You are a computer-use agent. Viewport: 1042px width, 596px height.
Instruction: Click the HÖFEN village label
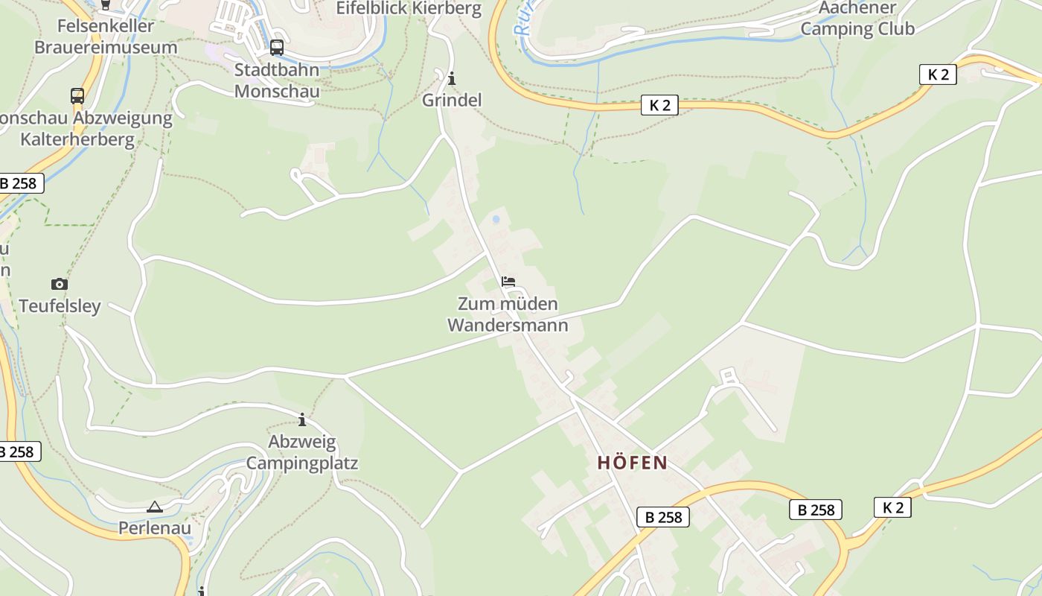pyautogui.click(x=632, y=463)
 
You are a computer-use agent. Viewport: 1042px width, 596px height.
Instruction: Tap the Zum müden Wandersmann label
pyautogui.click(x=508, y=314)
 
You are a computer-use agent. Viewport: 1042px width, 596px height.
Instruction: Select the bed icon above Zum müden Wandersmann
pyautogui.click(x=508, y=282)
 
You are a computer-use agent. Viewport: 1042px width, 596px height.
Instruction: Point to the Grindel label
pyautogui.click(x=452, y=100)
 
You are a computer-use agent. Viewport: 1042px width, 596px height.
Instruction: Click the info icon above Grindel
pyautogui.click(x=451, y=78)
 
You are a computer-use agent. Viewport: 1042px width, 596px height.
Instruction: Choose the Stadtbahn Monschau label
pyautogui.click(x=277, y=80)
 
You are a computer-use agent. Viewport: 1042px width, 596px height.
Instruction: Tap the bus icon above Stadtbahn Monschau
pyautogui.click(x=277, y=48)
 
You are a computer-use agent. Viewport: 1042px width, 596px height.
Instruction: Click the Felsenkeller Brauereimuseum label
pyautogui.click(x=117, y=37)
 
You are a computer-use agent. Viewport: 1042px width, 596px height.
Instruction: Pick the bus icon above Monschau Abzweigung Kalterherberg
pyautogui.click(x=77, y=96)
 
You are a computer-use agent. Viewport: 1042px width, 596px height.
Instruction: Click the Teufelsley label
pyautogui.click(x=60, y=306)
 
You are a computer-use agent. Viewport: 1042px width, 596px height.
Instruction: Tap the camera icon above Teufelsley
pyautogui.click(x=60, y=284)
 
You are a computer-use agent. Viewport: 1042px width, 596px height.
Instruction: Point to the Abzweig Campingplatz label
pyautogui.click(x=302, y=452)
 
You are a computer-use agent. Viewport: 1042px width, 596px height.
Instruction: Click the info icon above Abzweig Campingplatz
pyautogui.click(x=302, y=419)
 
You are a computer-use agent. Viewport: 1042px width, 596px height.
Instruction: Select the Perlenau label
pyautogui.click(x=155, y=528)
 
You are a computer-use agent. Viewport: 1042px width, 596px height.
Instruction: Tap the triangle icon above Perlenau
pyautogui.click(x=155, y=507)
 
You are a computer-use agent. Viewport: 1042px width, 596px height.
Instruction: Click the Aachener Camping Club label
pyautogui.click(x=857, y=19)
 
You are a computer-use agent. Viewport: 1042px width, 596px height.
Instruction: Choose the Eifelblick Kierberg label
pyautogui.click(x=409, y=9)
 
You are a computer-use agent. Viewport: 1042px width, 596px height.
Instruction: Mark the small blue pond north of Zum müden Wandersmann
pyautogui.click(x=496, y=219)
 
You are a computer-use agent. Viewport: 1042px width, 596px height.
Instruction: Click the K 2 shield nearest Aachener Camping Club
pyautogui.click(x=938, y=74)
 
